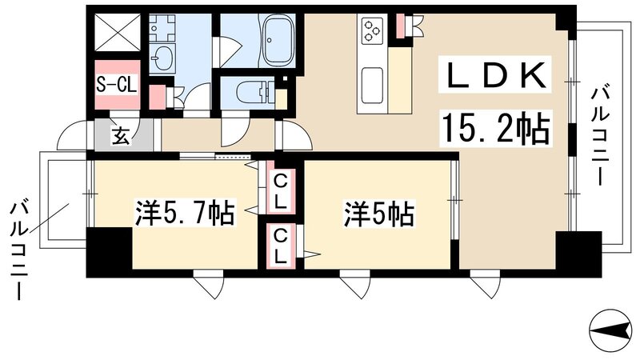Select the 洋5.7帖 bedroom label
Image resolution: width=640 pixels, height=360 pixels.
(x=183, y=214)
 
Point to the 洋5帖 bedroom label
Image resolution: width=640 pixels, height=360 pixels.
(x=378, y=214)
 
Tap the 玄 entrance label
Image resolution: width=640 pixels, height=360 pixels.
(x=120, y=136)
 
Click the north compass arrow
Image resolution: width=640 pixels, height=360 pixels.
(x=611, y=328)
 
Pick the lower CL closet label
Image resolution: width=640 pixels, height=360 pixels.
(x=280, y=247)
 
